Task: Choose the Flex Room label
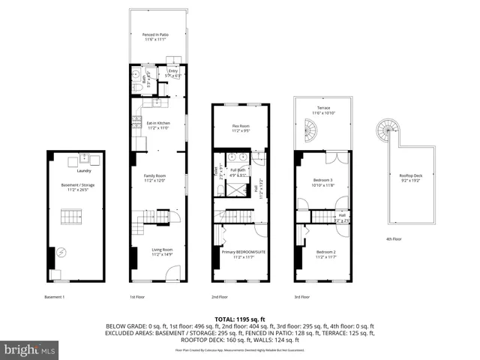click(x=239, y=126)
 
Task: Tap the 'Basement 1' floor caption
click(x=55, y=298)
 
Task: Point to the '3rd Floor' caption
click(x=302, y=298)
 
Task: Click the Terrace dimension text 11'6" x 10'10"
click(x=323, y=112)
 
